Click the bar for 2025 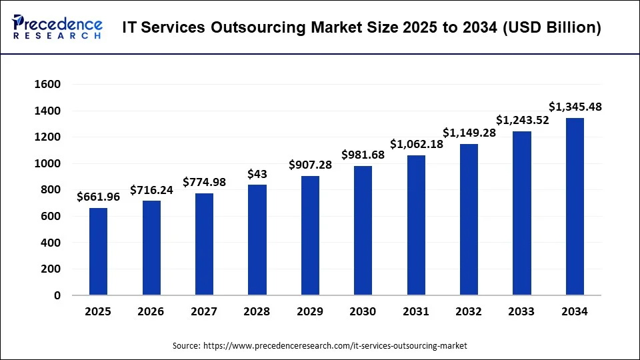click(98, 251)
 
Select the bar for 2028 click(257, 240)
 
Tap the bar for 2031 click(416, 225)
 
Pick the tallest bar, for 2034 click(575, 207)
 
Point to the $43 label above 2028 click(257, 173)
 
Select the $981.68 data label click(363, 155)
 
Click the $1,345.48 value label click(575, 107)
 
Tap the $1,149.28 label click(469, 133)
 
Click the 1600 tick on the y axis click(47, 85)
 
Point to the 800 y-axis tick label click(51, 190)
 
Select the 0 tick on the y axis click(57, 295)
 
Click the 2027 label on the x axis click(204, 311)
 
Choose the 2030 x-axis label click(363, 311)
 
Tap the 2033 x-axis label click(522, 311)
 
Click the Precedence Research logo click(57, 27)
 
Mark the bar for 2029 click(310, 235)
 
